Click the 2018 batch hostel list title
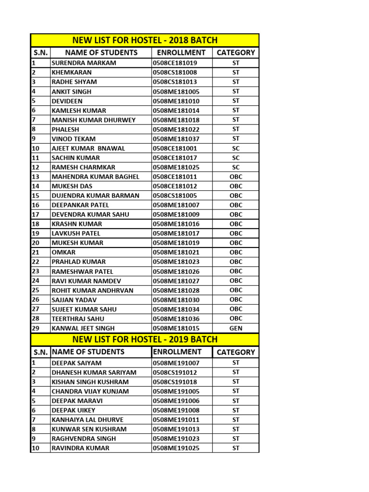145,40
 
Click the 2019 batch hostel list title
145,339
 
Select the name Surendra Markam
84,63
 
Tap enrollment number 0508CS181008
175,73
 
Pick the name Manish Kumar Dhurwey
94,120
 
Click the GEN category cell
236,328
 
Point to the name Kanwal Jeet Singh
83,328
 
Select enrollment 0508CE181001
175,148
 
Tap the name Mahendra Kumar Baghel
95,177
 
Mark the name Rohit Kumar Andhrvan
93,290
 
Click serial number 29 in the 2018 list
36,328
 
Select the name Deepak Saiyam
76,363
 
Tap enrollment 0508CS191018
175,382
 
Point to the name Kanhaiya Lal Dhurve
87,420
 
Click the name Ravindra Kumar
80,448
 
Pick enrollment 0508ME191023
176,439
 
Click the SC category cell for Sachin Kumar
236,158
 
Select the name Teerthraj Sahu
78,319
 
